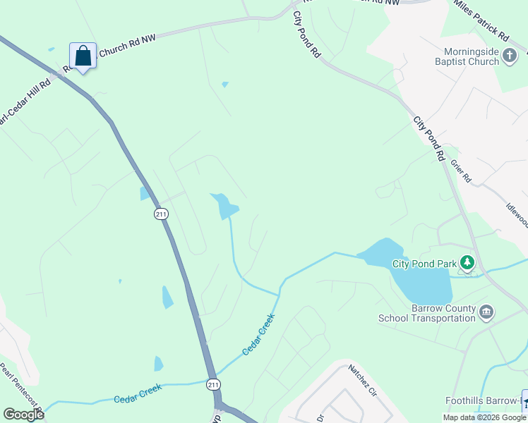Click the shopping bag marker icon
click(83, 56)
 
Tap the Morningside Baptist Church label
click(472, 56)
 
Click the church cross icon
click(510, 53)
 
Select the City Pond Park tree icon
click(466, 263)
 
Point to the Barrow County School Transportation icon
click(486, 311)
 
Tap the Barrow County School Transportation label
click(426, 313)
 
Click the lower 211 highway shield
click(213, 384)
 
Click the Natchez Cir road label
click(364, 379)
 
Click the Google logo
click(23, 414)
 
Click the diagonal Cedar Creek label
click(258, 335)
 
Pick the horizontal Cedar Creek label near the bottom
click(138, 393)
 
